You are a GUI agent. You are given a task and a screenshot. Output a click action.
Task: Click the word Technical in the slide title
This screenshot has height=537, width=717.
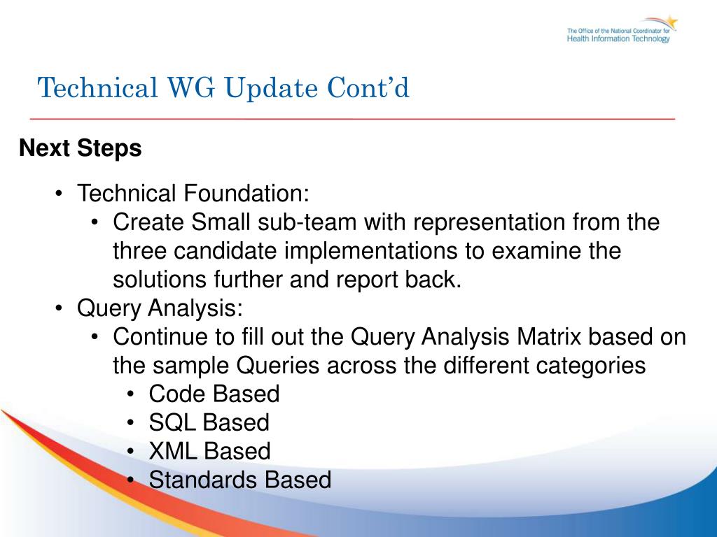pos(98,87)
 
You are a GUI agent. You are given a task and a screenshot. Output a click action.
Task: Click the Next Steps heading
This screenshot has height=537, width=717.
pos(81,148)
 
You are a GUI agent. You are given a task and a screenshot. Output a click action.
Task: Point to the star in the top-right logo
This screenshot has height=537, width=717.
pos(670,21)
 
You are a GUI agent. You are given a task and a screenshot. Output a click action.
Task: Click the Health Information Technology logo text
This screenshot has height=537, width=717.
pos(618,39)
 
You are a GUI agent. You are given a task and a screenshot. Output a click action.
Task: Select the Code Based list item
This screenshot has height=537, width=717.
pos(214,394)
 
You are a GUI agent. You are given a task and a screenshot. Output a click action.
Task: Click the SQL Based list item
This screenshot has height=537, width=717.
pos(209,422)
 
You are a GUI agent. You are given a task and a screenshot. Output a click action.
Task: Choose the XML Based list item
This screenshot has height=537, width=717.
pos(209,451)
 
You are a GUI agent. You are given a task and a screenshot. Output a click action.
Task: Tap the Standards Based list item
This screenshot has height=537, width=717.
pos(240,480)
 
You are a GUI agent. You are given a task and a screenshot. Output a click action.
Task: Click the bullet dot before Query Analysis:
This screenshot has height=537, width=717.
pos(59,308)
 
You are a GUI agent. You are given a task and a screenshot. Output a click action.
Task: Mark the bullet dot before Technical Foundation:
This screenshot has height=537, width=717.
pos(59,193)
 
